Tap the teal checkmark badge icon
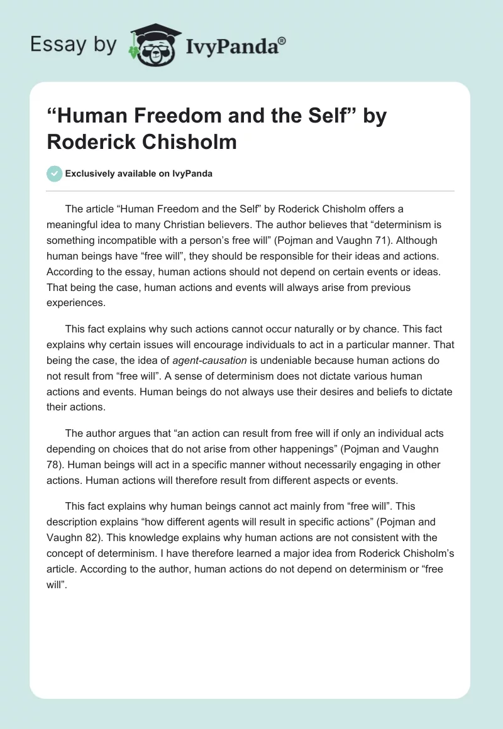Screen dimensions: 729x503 (54, 174)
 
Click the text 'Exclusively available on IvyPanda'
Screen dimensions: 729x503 (139, 174)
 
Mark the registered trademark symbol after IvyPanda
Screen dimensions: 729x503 (282, 40)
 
